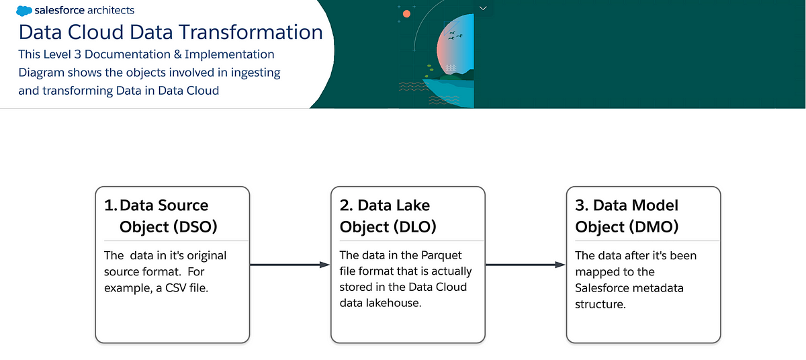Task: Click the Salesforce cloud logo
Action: (x=24, y=11)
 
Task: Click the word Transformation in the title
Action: (x=251, y=32)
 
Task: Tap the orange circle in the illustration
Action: (x=406, y=14)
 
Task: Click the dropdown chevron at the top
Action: (x=483, y=8)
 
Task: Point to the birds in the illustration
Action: (x=455, y=35)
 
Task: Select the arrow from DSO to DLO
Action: (x=290, y=265)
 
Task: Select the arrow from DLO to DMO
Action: (x=526, y=265)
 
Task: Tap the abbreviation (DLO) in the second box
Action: (x=414, y=227)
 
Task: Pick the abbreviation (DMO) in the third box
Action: (x=654, y=227)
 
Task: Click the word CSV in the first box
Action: (x=175, y=288)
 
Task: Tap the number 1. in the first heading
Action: (x=110, y=206)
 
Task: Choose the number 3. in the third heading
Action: (x=582, y=206)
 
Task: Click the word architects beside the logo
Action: (x=110, y=10)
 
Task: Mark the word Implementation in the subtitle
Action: (x=229, y=54)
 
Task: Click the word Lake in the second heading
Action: (x=412, y=206)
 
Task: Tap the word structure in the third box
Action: (x=600, y=304)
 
